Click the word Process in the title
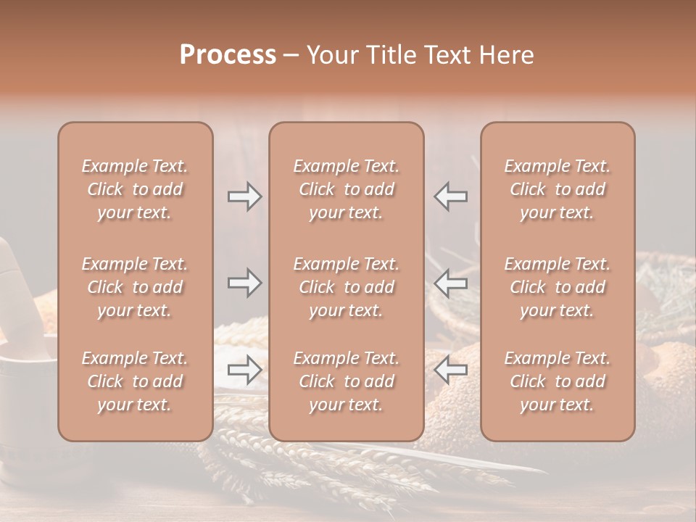[x=228, y=55]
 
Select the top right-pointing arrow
[x=245, y=196]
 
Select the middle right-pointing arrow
[x=245, y=283]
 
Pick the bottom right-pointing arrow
[x=245, y=370]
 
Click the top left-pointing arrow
[x=450, y=196]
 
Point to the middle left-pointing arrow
[x=450, y=283]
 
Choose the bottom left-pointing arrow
[x=450, y=370]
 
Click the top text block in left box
[x=135, y=189]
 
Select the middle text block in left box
[x=135, y=287]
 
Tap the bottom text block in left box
[x=135, y=381]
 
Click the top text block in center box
[x=346, y=189]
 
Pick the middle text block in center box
[x=346, y=287]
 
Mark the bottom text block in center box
[x=346, y=381]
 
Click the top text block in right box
[x=557, y=189]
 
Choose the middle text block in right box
[x=557, y=287]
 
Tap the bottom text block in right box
[x=557, y=381]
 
